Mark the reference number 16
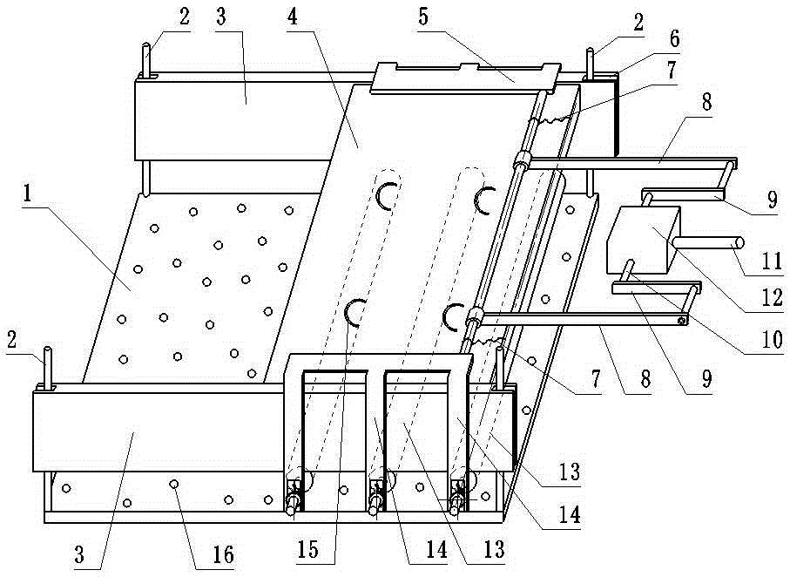[x=224, y=556]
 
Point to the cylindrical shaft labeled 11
[x=714, y=242]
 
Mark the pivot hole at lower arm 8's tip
[x=682, y=322]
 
